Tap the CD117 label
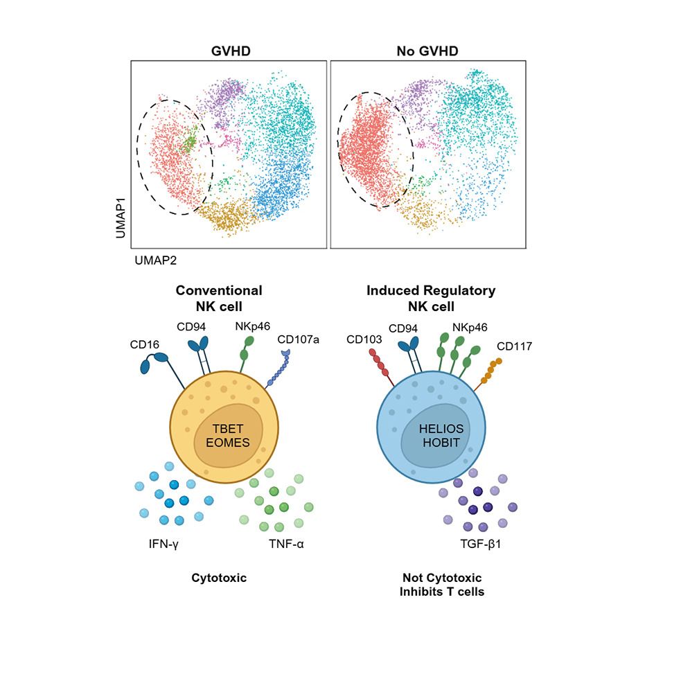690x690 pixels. pyautogui.click(x=514, y=346)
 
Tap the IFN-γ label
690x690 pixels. pyautogui.click(x=163, y=544)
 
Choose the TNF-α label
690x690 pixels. pyautogui.click(x=286, y=544)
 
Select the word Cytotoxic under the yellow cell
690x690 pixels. pyautogui.click(x=219, y=577)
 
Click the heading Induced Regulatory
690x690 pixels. pyautogui.click(x=431, y=291)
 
